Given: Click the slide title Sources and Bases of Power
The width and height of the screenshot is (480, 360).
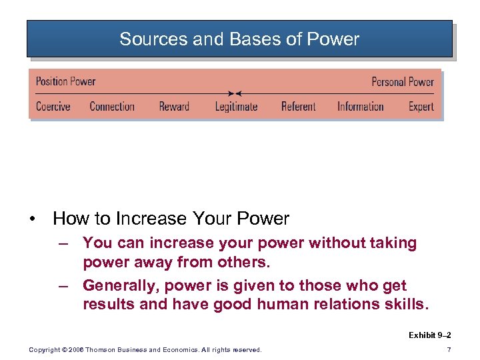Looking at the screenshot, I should tap(239, 39).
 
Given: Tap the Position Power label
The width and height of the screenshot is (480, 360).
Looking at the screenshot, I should tap(65, 81).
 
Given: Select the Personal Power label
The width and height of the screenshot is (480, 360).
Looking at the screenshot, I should tap(403, 82).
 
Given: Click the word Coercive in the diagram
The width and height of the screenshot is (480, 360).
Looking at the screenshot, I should tap(53, 107).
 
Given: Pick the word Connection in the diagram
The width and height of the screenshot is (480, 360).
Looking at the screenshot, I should tap(112, 107).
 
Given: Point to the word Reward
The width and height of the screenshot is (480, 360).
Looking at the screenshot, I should tap(174, 107).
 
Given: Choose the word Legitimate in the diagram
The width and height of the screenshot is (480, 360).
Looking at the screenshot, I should tap(236, 107).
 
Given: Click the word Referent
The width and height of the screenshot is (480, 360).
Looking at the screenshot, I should tap(298, 107).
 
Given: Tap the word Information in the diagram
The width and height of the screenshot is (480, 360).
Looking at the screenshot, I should tap(360, 107).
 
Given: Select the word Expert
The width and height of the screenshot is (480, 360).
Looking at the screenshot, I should tap(421, 107).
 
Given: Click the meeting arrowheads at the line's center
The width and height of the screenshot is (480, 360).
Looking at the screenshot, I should tap(235, 93).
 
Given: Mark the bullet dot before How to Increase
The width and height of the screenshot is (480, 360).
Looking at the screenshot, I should tap(33, 219).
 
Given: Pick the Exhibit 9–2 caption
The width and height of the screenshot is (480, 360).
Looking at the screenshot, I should tap(429, 335).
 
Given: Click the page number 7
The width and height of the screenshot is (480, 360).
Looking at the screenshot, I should tap(449, 350).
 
